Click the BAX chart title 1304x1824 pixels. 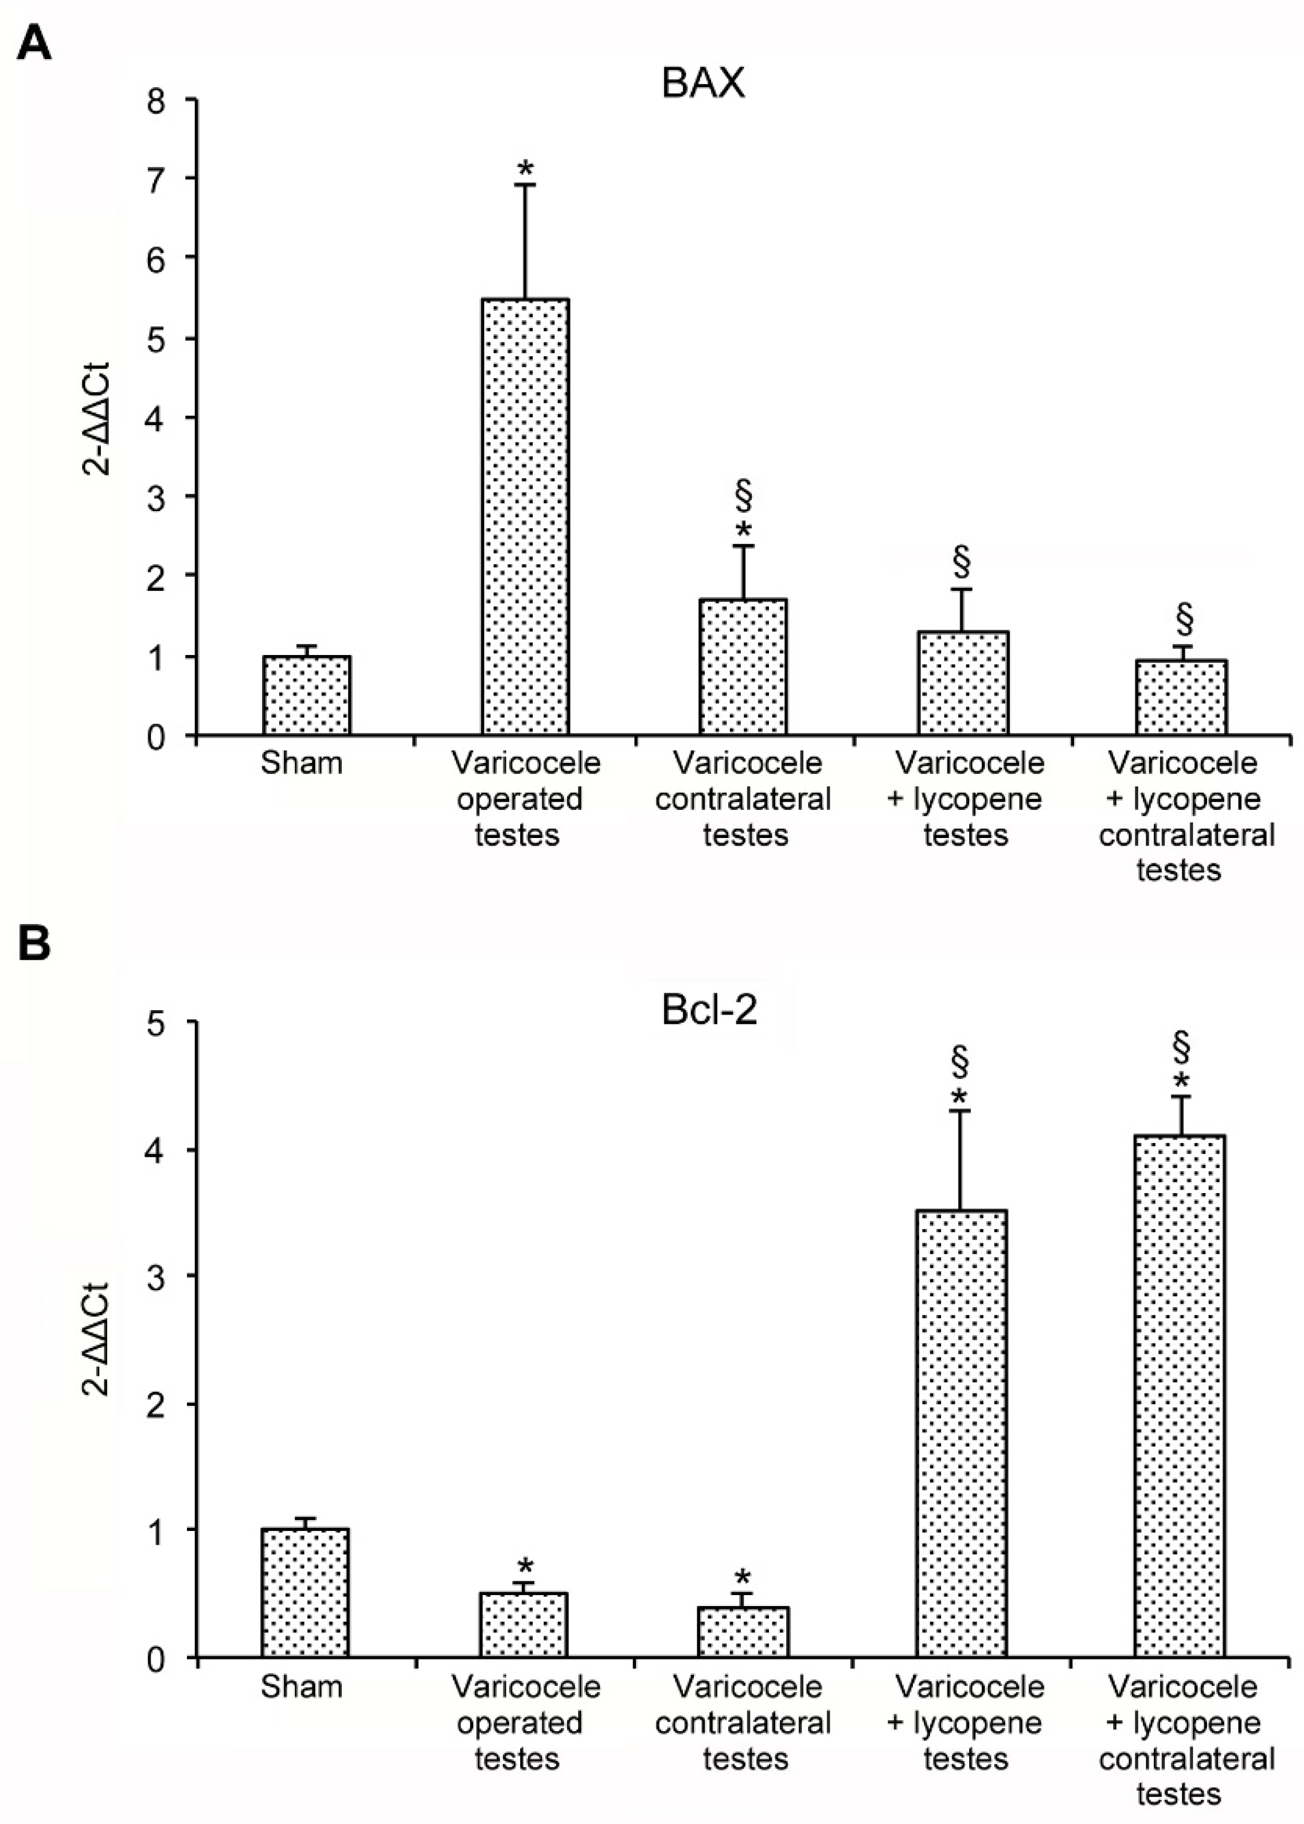point(704,84)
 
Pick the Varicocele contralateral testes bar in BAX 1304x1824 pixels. point(743,666)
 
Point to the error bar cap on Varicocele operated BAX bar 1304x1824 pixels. point(525,185)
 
